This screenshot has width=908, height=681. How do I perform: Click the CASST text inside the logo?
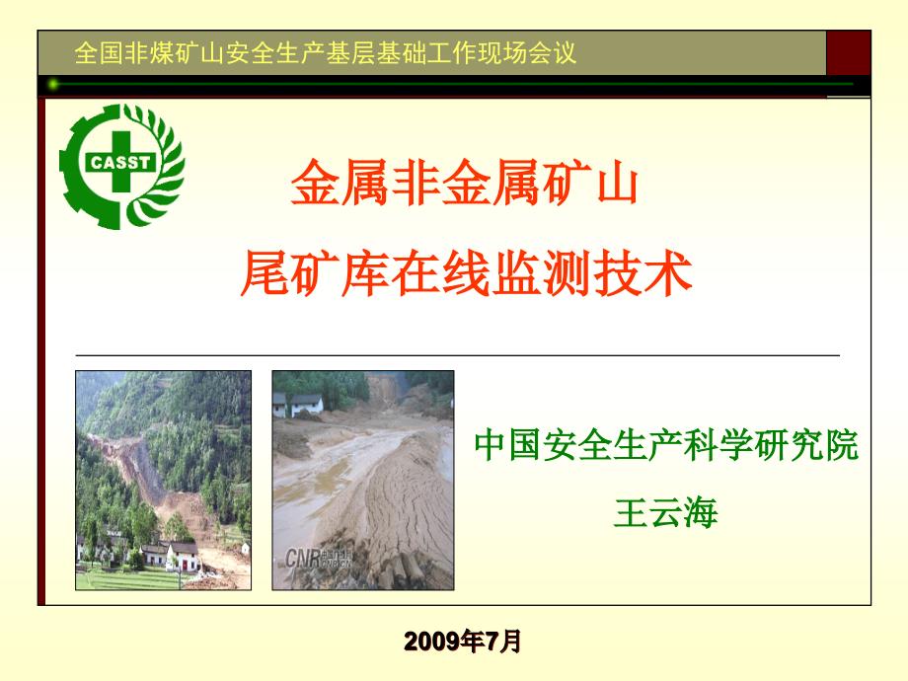click(x=119, y=162)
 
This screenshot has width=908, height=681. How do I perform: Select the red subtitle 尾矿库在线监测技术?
click(x=467, y=273)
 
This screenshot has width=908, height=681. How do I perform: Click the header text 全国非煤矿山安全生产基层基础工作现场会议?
click(x=325, y=52)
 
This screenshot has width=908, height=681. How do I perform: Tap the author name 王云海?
click(x=665, y=512)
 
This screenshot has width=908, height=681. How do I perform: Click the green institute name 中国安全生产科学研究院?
click(x=666, y=445)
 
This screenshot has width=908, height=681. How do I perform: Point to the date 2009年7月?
click(x=463, y=642)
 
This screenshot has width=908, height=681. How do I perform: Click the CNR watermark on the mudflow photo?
click(x=318, y=559)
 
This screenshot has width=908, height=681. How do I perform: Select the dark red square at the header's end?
click(x=849, y=52)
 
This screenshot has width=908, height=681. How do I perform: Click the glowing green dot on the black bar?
click(x=53, y=85)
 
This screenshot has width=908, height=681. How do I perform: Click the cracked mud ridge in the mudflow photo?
click(x=406, y=509)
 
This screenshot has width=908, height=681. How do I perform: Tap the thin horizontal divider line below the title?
click(x=458, y=354)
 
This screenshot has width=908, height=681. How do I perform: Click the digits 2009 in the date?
click(x=428, y=642)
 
